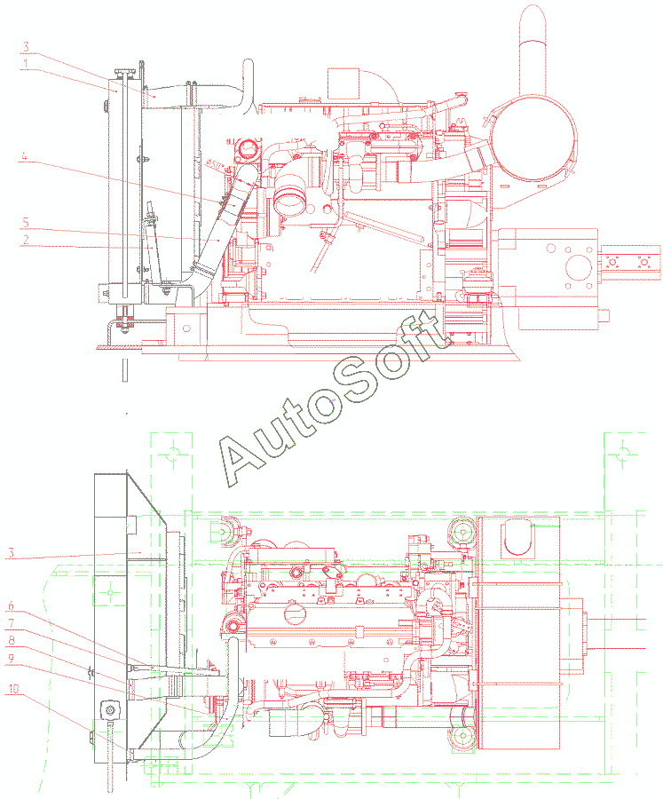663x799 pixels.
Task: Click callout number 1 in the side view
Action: pyautogui.click(x=25, y=64)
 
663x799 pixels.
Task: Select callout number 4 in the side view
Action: pyautogui.click(x=24, y=156)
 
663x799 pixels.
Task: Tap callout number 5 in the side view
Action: pyautogui.click(x=26, y=223)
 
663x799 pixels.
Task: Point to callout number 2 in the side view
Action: pyautogui.click(x=26, y=240)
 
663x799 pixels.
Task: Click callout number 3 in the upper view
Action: pyautogui.click(x=26, y=47)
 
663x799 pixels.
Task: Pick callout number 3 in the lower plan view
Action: pyautogui.click(x=12, y=553)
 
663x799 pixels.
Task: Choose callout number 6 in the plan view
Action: pyautogui.click(x=11, y=605)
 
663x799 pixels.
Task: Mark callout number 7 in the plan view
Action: pyautogui.click(x=11, y=623)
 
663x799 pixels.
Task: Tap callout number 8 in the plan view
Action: pyautogui.click(x=11, y=640)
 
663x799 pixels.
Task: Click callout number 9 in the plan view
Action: pyautogui.click(x=11, y=659)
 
